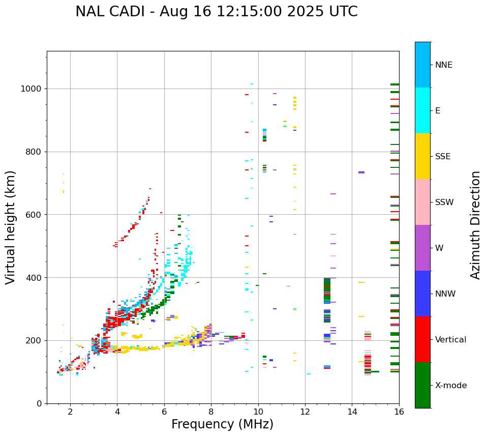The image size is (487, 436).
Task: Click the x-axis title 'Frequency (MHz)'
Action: tap(222, 424)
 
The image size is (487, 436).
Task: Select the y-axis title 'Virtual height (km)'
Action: tap(11, 227)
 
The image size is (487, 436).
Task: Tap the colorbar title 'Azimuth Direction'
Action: tap(475, 225)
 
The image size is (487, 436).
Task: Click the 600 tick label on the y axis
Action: tap(35, 215)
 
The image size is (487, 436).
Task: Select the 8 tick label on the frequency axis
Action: tap(211, 412)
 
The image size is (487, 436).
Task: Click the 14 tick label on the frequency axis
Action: tap(352, 412)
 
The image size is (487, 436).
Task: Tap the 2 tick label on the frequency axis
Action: tap(70, 412)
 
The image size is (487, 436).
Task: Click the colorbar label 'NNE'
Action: tap(443, 65)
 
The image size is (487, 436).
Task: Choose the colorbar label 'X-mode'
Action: tap(451, 386)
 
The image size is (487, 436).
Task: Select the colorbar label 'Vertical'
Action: tap(450, 340)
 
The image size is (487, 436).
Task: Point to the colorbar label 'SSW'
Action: tap(444, 202)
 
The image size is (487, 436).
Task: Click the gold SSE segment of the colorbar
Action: tap(422, 156)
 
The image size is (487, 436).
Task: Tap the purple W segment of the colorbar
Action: tap(422, 248)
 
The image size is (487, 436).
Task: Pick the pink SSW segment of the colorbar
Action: tap(422, 202)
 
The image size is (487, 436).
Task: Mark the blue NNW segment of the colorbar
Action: tap(422, 294)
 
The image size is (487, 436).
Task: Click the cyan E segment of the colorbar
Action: tap(422, 110)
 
